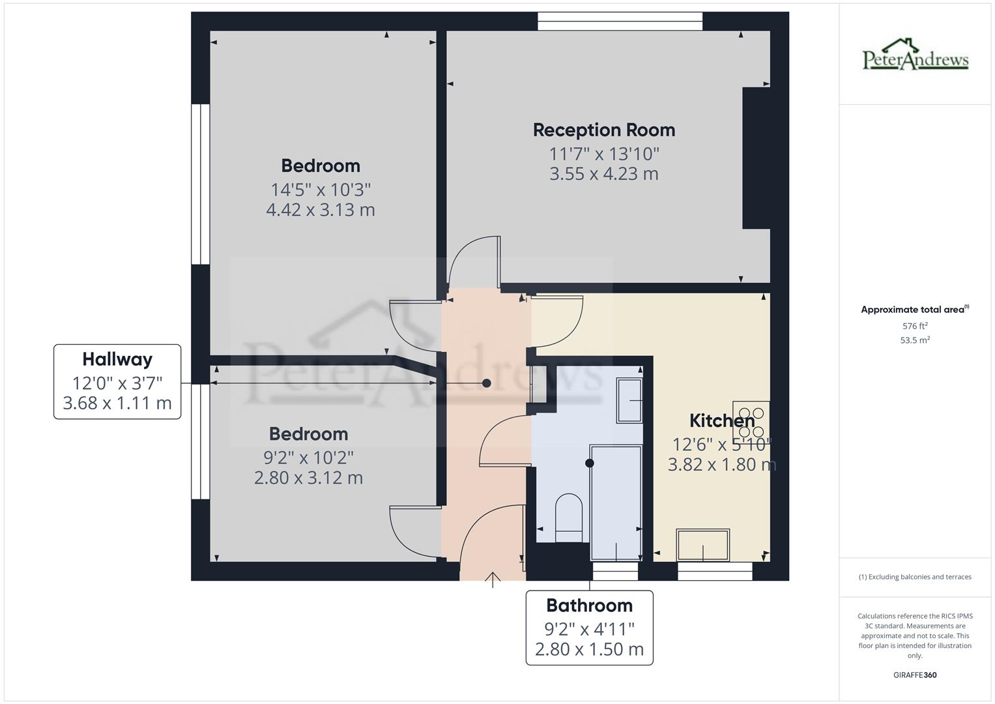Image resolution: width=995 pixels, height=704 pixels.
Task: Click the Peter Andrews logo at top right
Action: [915, 55]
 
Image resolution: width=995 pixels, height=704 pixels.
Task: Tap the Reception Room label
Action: [603, 130]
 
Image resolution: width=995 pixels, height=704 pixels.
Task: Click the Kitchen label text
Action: [721, 420]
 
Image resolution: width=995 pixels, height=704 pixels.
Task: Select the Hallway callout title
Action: [117, 359]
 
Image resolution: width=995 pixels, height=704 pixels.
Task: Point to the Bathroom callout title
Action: [589, 606]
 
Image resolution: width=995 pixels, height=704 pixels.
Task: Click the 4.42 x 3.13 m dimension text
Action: [320, 210]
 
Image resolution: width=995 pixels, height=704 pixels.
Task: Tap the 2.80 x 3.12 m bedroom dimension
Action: [308, 478]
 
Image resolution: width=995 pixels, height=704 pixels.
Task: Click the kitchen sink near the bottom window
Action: [702, 545]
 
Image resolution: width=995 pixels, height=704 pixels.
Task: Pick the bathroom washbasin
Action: [629, 400]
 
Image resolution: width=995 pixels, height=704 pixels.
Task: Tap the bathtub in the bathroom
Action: [615, 502]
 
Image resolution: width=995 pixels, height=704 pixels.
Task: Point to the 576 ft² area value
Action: [915, 326]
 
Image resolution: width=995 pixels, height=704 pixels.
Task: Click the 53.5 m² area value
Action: [915, 340]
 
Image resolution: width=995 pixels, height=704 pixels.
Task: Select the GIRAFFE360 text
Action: [915, 675]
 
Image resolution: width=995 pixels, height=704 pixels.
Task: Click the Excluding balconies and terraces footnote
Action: [915, 577]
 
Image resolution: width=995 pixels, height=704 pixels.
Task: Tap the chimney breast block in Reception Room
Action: [756, 158]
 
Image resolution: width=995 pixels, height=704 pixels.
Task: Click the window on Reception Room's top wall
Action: [620, 21]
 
